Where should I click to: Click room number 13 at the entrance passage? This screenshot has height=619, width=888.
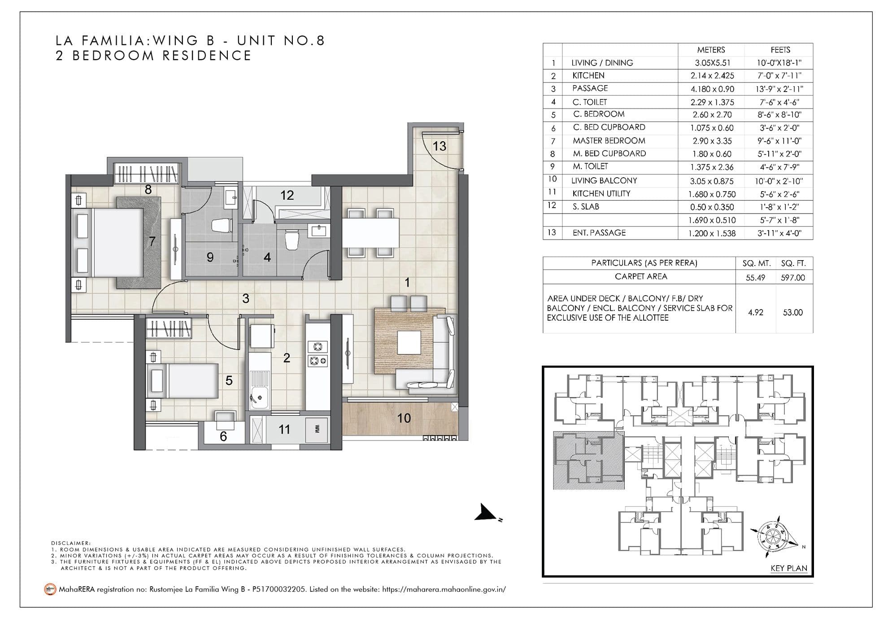(x=439, y=146)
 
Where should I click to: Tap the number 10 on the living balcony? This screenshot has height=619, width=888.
(x=404, y=418)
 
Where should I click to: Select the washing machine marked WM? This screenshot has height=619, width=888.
(x=317, y=429)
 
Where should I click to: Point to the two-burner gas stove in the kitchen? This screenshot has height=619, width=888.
(x=318, y=353)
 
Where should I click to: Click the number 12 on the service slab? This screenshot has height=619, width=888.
(x=287, y=195)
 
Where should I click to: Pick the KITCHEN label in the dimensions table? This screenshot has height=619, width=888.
(x=588, y=75)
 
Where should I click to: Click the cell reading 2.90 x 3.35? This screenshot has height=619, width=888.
(x=712, y=141)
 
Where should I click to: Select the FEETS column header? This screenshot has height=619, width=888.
(x=780, y=50)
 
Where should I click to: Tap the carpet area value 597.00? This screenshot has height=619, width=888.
(x=792, y=278)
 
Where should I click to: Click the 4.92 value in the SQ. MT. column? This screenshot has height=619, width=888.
(x=755, y=312)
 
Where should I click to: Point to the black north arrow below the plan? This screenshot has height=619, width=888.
(x=486, y=513)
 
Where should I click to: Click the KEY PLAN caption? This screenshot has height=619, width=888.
(x=788, y=568)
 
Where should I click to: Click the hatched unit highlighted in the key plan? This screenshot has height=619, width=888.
(x=588, y=461)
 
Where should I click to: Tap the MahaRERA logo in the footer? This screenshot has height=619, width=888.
(x=50, y=589)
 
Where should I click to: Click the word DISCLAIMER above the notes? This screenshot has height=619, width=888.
(x=70, y=543)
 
